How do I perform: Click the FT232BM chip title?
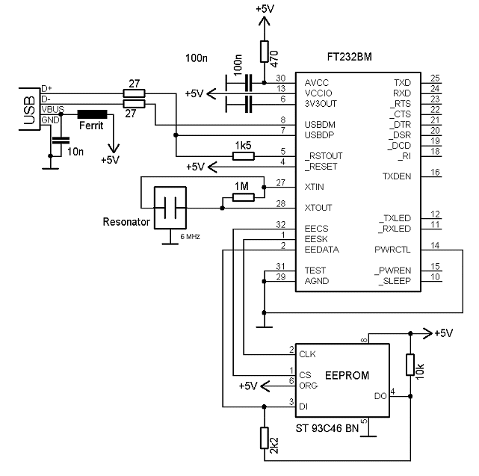point(350,57)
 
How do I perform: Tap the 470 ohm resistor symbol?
point(265,52)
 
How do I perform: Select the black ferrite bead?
point(92,114)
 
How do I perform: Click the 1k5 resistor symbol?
point(244,156)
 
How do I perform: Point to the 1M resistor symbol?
point(244,197)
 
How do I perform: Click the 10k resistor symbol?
point(410,365)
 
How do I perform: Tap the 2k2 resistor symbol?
point(265,438)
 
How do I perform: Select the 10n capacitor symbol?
point(61,140)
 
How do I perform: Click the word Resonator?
point(126,222)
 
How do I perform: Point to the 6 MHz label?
point(190,236)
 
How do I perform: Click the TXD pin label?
point(402,83)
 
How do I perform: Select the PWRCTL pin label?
point(392,250)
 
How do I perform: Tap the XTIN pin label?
point(314,187)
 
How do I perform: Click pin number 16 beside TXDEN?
point(435,173)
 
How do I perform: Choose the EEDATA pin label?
point(321,250)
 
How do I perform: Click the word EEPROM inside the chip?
point(347,375)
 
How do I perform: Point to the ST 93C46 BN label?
point(327,428)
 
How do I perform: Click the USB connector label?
point(30,110)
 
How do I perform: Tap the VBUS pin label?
point(53,109)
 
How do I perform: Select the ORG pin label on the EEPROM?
point(308,386)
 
